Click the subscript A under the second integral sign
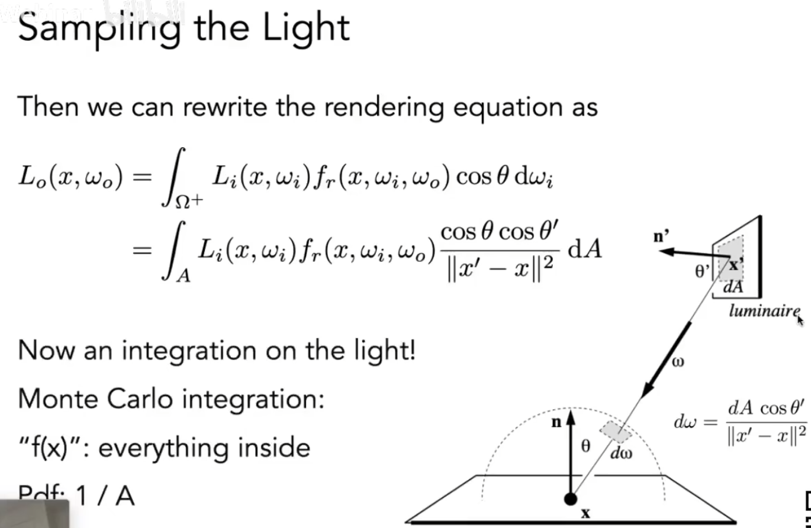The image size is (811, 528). point(184,276)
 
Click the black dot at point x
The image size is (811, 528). point(571,499)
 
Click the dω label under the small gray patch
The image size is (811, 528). point(622,454)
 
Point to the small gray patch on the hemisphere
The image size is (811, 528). point(616,432)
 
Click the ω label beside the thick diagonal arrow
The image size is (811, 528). point(678,361)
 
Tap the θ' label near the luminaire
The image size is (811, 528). point(703,271)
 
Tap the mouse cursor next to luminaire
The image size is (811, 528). point(800,320)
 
